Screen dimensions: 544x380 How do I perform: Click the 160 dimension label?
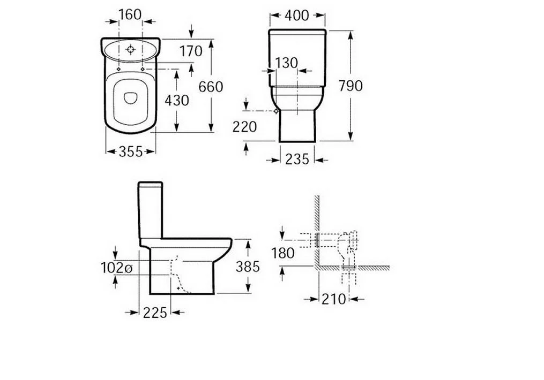click(130, 14)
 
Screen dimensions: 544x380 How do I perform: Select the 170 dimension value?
click(191, 51)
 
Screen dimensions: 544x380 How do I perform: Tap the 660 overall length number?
click(211, 87)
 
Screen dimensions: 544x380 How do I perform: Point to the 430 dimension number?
click(176, 101)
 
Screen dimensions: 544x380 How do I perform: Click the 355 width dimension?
click(130, 151)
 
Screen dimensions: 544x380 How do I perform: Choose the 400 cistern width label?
click(296, 15)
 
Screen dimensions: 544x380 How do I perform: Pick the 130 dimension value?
click(287, 63)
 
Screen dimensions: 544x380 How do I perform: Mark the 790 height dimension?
click(351, 86)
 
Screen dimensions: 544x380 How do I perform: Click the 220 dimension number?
click(244, 127)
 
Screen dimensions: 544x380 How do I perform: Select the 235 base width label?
click(297, 159)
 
